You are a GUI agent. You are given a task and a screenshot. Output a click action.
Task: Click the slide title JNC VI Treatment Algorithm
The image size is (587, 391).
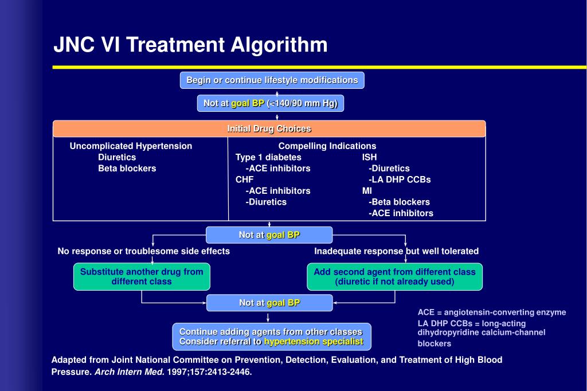coord(190,45)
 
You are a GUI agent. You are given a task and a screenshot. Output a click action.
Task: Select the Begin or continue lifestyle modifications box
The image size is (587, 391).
coord(272,80)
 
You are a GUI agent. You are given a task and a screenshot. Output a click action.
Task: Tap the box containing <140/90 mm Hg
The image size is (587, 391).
coord(271,103)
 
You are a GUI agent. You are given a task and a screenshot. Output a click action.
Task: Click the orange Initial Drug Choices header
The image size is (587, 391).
coord(269,129)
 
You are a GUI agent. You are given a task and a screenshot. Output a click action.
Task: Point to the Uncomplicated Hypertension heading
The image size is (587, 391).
coord(131,146)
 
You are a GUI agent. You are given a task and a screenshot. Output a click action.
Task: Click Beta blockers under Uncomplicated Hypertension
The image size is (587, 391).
coord(127,169)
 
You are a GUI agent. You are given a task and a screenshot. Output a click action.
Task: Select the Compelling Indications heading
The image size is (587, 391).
coord(327,146)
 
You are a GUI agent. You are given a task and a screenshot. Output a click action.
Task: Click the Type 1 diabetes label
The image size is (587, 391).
coord(268,157)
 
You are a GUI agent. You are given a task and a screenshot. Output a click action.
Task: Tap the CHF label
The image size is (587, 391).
coord(244,179)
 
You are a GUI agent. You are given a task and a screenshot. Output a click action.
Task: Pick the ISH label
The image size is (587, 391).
coord(369,157)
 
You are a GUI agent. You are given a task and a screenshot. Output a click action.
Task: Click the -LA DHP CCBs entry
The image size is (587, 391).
coord(400,179)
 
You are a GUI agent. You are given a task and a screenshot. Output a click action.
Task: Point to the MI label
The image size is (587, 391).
coord(367,191)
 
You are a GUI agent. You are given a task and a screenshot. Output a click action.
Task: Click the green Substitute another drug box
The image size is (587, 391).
coord(142,276)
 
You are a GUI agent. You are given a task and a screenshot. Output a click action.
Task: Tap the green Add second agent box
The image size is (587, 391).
coord(394,276)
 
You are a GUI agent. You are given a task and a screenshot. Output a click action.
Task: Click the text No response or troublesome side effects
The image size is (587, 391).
coord(143,251)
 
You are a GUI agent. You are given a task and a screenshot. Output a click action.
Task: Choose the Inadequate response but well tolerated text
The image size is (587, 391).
coord(396,251)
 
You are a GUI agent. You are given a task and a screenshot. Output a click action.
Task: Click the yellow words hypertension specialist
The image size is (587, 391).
coord(314,342)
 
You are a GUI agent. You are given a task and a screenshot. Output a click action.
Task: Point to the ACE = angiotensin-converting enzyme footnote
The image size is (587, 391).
coord(491,312)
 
